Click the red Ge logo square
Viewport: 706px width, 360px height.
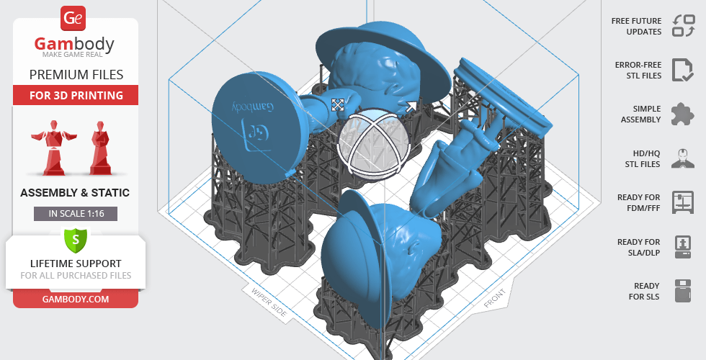[73, 19]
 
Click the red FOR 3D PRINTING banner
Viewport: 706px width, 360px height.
[76, 95]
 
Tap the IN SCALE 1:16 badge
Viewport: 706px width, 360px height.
[76, 214]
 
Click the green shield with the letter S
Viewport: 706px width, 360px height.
[76, 240]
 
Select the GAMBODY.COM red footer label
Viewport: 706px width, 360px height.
[76, 300]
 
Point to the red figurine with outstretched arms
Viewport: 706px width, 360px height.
[54, 148]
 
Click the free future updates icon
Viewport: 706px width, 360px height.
[684, 26]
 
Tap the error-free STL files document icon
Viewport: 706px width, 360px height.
[683, 70]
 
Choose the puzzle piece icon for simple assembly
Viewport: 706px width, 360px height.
[683, 114]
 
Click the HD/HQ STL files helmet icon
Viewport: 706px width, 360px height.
[683, 158]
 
